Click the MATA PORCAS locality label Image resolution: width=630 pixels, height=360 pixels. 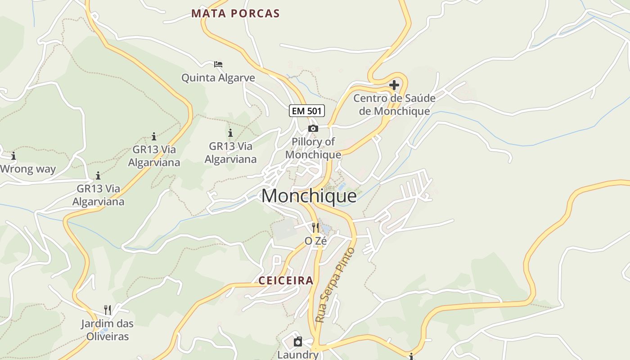coord(235,13)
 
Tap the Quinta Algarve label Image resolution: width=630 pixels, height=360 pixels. coord(218,78)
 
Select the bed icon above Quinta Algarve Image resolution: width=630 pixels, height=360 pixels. coord(218,64)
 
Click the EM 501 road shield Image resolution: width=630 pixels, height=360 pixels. coord(307,111)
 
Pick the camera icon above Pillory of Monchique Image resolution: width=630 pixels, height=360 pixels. coord(313,129)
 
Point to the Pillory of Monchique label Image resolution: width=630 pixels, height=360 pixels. coord(313,148)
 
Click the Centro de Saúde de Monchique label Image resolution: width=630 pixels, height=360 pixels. coord(394,104)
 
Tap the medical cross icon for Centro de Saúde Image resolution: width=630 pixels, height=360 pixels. coord(394,85)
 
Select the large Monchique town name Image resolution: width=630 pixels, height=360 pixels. coord(309,196)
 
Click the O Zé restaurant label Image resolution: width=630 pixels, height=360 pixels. coord(315,241)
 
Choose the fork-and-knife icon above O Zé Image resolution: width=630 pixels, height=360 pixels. coord(315,227)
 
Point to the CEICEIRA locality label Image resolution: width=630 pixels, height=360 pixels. coord(286,281)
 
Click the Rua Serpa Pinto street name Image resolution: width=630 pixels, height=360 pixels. coord(335,284)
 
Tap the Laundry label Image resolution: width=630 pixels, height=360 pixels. coord(298,355)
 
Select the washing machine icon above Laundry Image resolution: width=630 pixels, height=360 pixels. coord(298,342)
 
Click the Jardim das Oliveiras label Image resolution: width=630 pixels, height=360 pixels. coord(108,330)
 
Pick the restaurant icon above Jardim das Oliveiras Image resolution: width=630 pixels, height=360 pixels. coord(108,310)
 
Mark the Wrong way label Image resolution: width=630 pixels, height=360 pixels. coord(28,170)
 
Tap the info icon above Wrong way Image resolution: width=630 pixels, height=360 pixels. coord(13,156)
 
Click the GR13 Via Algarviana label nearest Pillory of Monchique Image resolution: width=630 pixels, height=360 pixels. coord(230,153)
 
